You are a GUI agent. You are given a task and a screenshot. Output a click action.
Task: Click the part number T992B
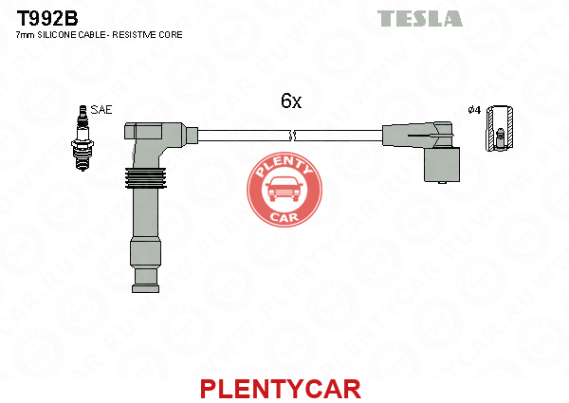47,18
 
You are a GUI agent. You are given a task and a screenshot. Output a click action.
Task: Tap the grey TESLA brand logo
420,19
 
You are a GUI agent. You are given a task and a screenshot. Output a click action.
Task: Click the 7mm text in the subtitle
25,35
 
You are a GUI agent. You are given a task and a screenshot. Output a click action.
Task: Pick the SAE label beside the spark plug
101,110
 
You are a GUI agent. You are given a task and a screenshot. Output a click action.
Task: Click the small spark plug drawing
83,137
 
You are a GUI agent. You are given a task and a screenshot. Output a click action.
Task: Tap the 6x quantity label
291,101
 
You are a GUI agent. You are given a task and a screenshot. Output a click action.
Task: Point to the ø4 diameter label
474,110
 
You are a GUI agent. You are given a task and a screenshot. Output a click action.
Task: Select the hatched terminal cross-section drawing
500,128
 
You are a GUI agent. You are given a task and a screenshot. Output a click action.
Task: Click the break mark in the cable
292,136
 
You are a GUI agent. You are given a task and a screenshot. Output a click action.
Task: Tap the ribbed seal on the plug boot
145,178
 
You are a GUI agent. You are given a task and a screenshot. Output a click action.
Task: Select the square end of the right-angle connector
442,165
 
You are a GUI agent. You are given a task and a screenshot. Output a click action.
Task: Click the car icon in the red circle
284,190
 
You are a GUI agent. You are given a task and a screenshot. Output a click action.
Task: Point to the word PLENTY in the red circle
284,167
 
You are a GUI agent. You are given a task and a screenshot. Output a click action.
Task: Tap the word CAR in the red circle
284,217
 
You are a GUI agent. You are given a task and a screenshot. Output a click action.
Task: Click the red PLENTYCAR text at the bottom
281,389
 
